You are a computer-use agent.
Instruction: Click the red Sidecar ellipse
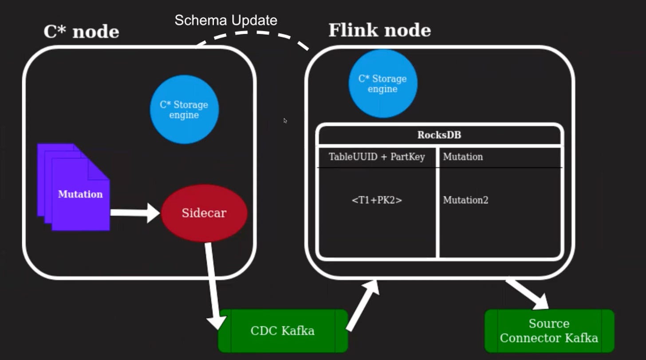tap(204, 213)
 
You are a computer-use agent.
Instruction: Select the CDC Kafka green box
tap(283, 331)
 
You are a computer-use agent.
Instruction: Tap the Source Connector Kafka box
tap(549, 331)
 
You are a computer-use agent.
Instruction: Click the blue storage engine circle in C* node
tap(184, 110)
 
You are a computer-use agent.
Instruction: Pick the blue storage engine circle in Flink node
tap(382, 84)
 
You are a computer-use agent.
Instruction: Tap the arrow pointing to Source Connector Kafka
tap(528, 294)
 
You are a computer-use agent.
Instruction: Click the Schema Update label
tap(226, 20)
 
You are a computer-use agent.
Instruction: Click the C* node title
tap(81, 32)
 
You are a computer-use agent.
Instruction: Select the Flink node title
tap(379, 30)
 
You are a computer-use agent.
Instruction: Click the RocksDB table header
tap(439, 135)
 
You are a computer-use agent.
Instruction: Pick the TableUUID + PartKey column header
tap(377, 157)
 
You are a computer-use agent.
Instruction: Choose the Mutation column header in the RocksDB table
tap(463, 157)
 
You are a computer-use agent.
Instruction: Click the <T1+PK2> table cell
tap(377, 200)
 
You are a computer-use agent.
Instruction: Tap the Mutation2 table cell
tap(465, 200)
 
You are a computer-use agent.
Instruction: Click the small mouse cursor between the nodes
tap(285, 120)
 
